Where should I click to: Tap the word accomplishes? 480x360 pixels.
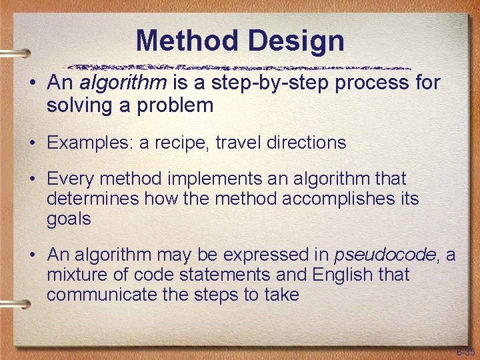[328, 199]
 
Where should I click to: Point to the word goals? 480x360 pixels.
[69, 219]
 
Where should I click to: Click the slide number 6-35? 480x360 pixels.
[465, 351]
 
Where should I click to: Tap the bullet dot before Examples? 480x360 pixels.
[32, 143]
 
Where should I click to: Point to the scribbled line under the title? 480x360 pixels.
[240, 67]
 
